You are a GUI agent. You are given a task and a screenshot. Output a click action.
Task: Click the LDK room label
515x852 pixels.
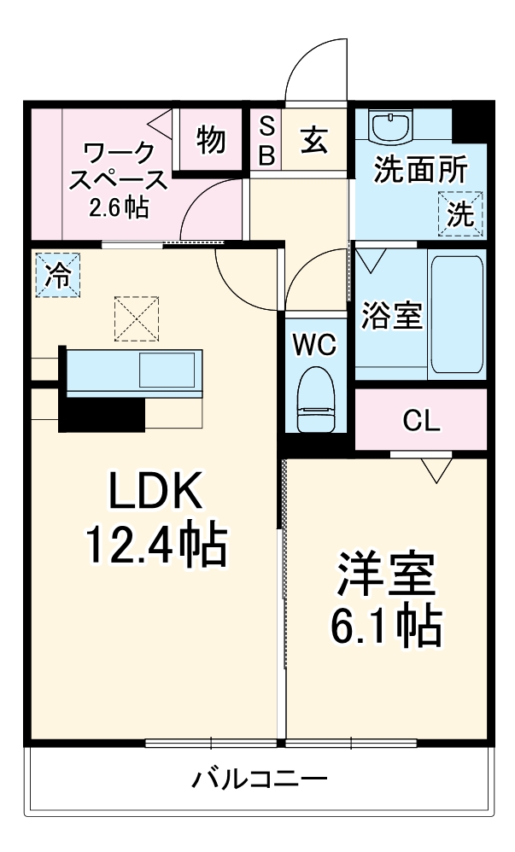click(x=154, y=493)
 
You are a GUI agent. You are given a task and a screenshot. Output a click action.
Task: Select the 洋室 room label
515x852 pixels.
click(x=385, y=577)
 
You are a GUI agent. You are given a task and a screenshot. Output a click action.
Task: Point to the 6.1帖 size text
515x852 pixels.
click(x=385, y=627)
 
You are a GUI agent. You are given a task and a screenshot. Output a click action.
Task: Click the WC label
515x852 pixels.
click(x=315, y=346)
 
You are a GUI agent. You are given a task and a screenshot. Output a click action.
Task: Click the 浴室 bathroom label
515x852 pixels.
click(x=391, y=315)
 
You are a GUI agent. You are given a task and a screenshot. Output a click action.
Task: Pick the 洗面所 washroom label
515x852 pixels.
click(x=420, y=170)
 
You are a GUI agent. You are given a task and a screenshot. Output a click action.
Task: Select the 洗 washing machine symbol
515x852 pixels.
click(x=461, y=213)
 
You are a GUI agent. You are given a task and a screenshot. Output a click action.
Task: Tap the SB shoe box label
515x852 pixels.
click(x=266, y=141)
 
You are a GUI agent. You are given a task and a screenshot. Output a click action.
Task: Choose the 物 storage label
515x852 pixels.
click(x=211, y=140)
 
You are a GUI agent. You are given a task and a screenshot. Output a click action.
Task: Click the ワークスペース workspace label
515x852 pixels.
click(x=119, y=166)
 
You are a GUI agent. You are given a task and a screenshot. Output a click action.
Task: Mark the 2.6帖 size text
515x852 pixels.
click(x=119, y=207)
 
